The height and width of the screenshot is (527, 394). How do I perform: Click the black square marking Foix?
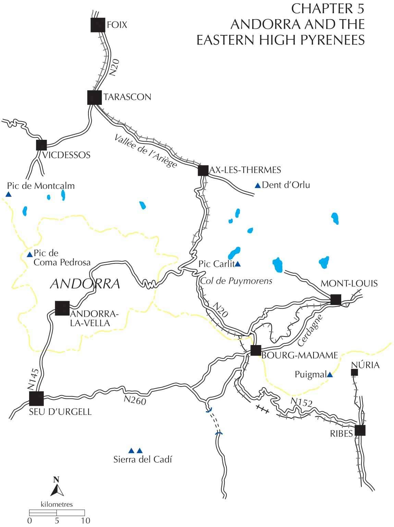pyautogui.click(x=98, y=25)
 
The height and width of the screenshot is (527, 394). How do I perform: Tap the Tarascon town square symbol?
pyautogui.click(x=95, y=97)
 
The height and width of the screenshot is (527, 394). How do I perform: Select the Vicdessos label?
pyautogui.click(x=66, y=155)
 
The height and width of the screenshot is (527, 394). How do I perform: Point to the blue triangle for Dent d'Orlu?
pyautogui.click(x=257, y=185)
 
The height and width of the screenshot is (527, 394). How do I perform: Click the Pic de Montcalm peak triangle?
pyautogui.click(x=8, y=195)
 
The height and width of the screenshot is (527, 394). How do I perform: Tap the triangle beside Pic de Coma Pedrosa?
pyautogui.click(x=30, y=255)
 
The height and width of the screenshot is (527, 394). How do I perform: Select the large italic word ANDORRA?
pyautogui.click(x=85, y=284)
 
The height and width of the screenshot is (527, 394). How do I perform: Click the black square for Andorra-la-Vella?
pyautogui.click(x=62, y=308)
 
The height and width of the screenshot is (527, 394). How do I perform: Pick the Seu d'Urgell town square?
pyautogui.click(x=36, y=398)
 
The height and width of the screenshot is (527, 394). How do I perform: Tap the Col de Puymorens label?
pyautogui.click(x=236, y=281)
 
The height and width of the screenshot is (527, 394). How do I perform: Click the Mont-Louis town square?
pyautogui.click(x=336, y=299)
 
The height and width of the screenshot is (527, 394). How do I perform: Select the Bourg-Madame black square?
pyautogui.click(x=256, y=351)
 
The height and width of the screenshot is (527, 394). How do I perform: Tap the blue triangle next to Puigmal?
pyautogui.click(x=330, y=375)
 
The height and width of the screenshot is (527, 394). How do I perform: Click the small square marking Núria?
pyautogui.click(x=355, y=372)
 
